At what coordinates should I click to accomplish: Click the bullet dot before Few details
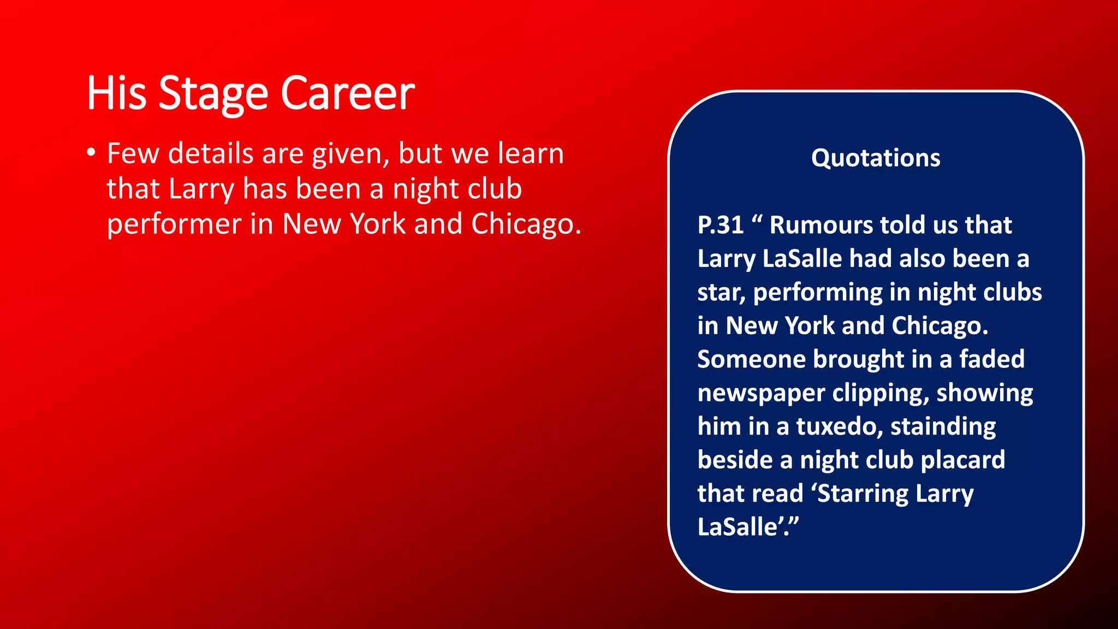pos(91,152)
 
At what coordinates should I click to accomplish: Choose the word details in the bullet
pos(211,153)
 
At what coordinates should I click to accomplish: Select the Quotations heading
pos(876,158)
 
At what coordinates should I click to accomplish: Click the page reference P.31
pos(721,225)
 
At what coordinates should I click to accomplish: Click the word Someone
pos(751,359)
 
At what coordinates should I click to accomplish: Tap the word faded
pos(992,359)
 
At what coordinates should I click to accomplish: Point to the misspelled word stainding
pos(943,426)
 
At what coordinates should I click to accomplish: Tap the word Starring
pos(863,494)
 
